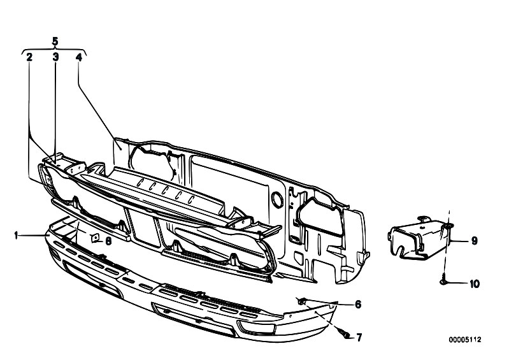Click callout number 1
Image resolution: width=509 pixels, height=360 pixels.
[16, 235]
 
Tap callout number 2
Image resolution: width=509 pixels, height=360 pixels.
[29, 57]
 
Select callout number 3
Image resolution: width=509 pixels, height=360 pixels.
[56, 57]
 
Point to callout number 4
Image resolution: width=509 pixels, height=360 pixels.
[79, 57]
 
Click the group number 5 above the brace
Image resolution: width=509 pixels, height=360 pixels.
[55, 41]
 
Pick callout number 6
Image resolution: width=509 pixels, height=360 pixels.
[358, 304]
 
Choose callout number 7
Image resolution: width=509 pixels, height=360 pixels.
[359, 338]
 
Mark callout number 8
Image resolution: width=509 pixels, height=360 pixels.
[108, 241]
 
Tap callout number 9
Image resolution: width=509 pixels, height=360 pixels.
[474, 241]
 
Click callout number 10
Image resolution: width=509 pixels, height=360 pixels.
[474, 284]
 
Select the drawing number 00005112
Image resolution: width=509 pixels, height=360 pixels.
[465, 340]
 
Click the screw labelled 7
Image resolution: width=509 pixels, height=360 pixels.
[344, 333]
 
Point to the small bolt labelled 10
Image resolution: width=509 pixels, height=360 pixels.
[444, 282]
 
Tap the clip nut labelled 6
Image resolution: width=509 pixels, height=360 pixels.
[302, 302]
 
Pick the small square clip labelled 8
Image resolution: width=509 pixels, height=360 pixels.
[95, 238]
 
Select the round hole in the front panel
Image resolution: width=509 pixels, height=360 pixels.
[278, 199]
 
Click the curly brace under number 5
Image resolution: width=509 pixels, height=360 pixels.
[54, 50]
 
